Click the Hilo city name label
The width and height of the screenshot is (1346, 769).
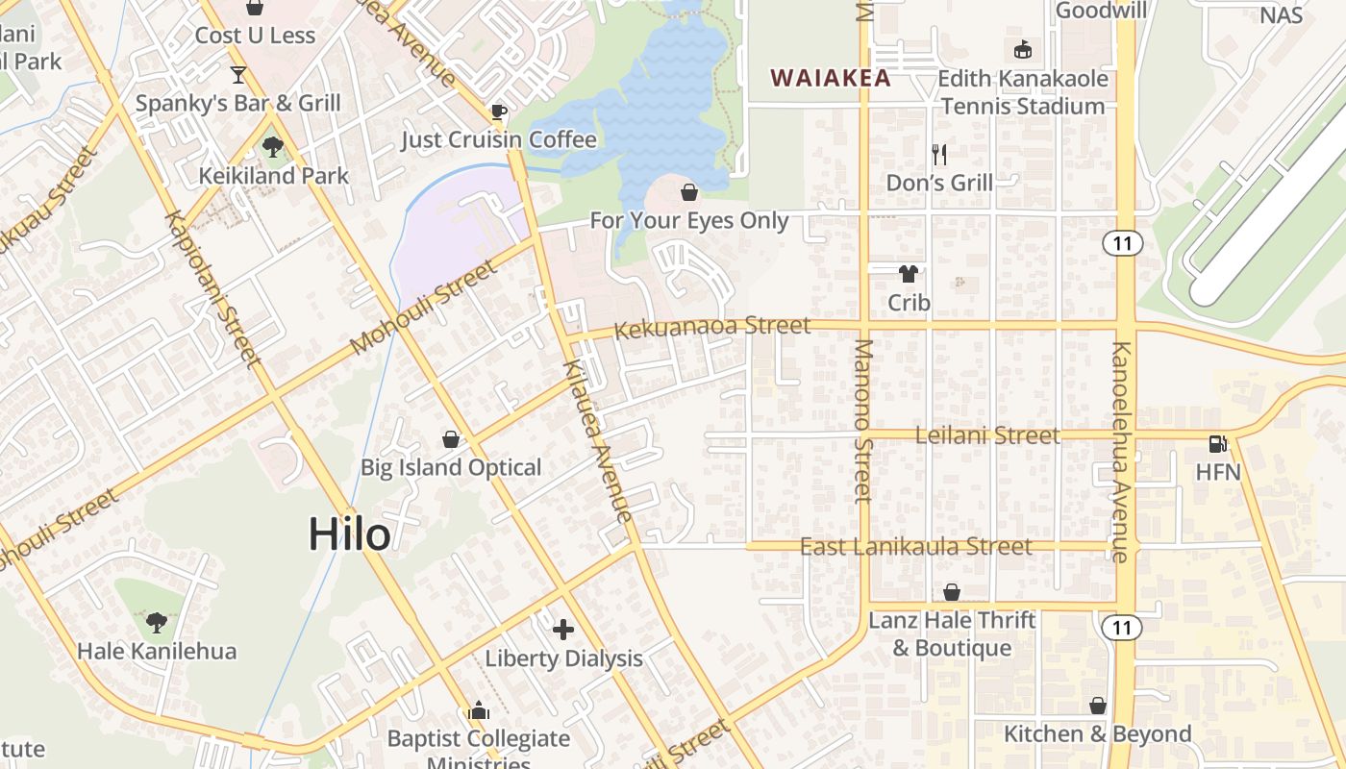pos(349,534)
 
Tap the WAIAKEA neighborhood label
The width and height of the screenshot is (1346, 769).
pos(831,79)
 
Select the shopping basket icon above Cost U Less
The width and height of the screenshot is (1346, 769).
pos(255,8)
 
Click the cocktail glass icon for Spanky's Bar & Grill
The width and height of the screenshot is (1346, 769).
pos(238,74)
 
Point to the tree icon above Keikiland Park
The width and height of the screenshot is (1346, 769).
pos(273,147)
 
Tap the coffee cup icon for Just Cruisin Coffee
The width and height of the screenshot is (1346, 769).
pos(498,112)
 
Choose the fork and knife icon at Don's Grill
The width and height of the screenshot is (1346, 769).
pos(939,154)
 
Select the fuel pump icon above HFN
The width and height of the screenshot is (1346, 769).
pos(1217,443)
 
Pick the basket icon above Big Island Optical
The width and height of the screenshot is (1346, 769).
pos(450,439)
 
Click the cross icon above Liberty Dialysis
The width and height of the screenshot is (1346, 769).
pos(563,630)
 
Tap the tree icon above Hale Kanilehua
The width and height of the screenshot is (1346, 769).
pos(156,622)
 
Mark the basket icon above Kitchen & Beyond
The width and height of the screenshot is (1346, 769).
pos(1097,706)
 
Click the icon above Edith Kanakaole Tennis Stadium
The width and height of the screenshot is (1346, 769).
pos(1022,49)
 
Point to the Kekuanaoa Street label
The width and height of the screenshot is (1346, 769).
pos(712,328)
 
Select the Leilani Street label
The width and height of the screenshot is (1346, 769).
pos(987,435)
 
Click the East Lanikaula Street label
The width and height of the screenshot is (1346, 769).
pos(916,547)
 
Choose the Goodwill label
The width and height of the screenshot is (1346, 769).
pos(1102,11)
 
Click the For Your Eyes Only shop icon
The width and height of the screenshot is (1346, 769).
pos(689,192)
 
